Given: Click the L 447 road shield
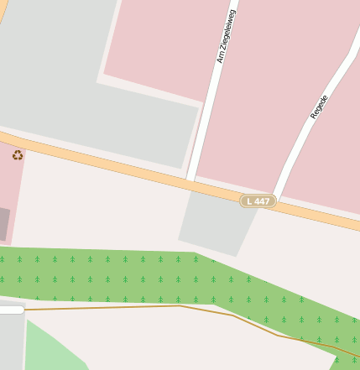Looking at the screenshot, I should pos(258,201).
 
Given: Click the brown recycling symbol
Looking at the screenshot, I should pos(18,154).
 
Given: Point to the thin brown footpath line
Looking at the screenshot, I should pos(126,307).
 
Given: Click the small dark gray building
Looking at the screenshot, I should pos(4,224).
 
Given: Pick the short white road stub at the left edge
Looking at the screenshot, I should pos(11,310).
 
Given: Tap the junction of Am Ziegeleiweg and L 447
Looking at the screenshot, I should pos(191,180).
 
